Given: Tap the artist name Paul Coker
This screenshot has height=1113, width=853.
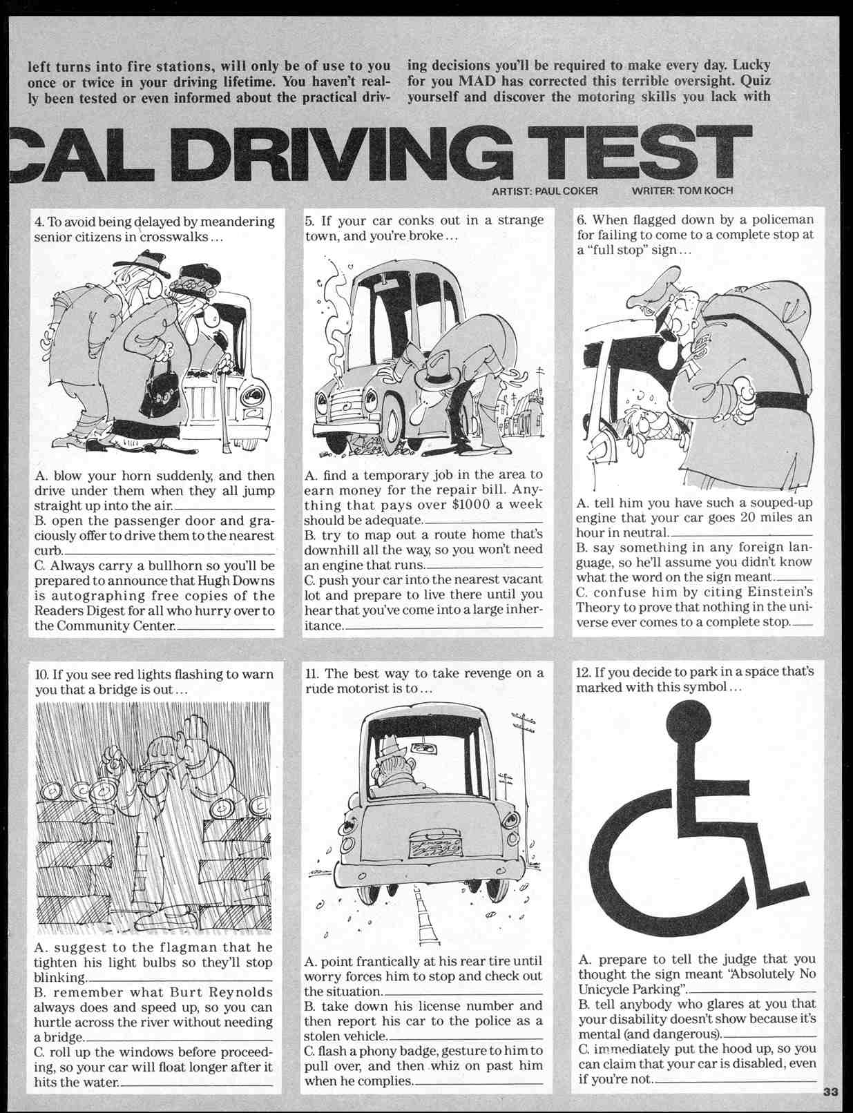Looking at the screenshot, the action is click(566, 191).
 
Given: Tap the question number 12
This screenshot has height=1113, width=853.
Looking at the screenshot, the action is click(583, 672).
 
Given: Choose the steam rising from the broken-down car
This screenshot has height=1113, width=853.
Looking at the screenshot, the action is click(336, 318).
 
